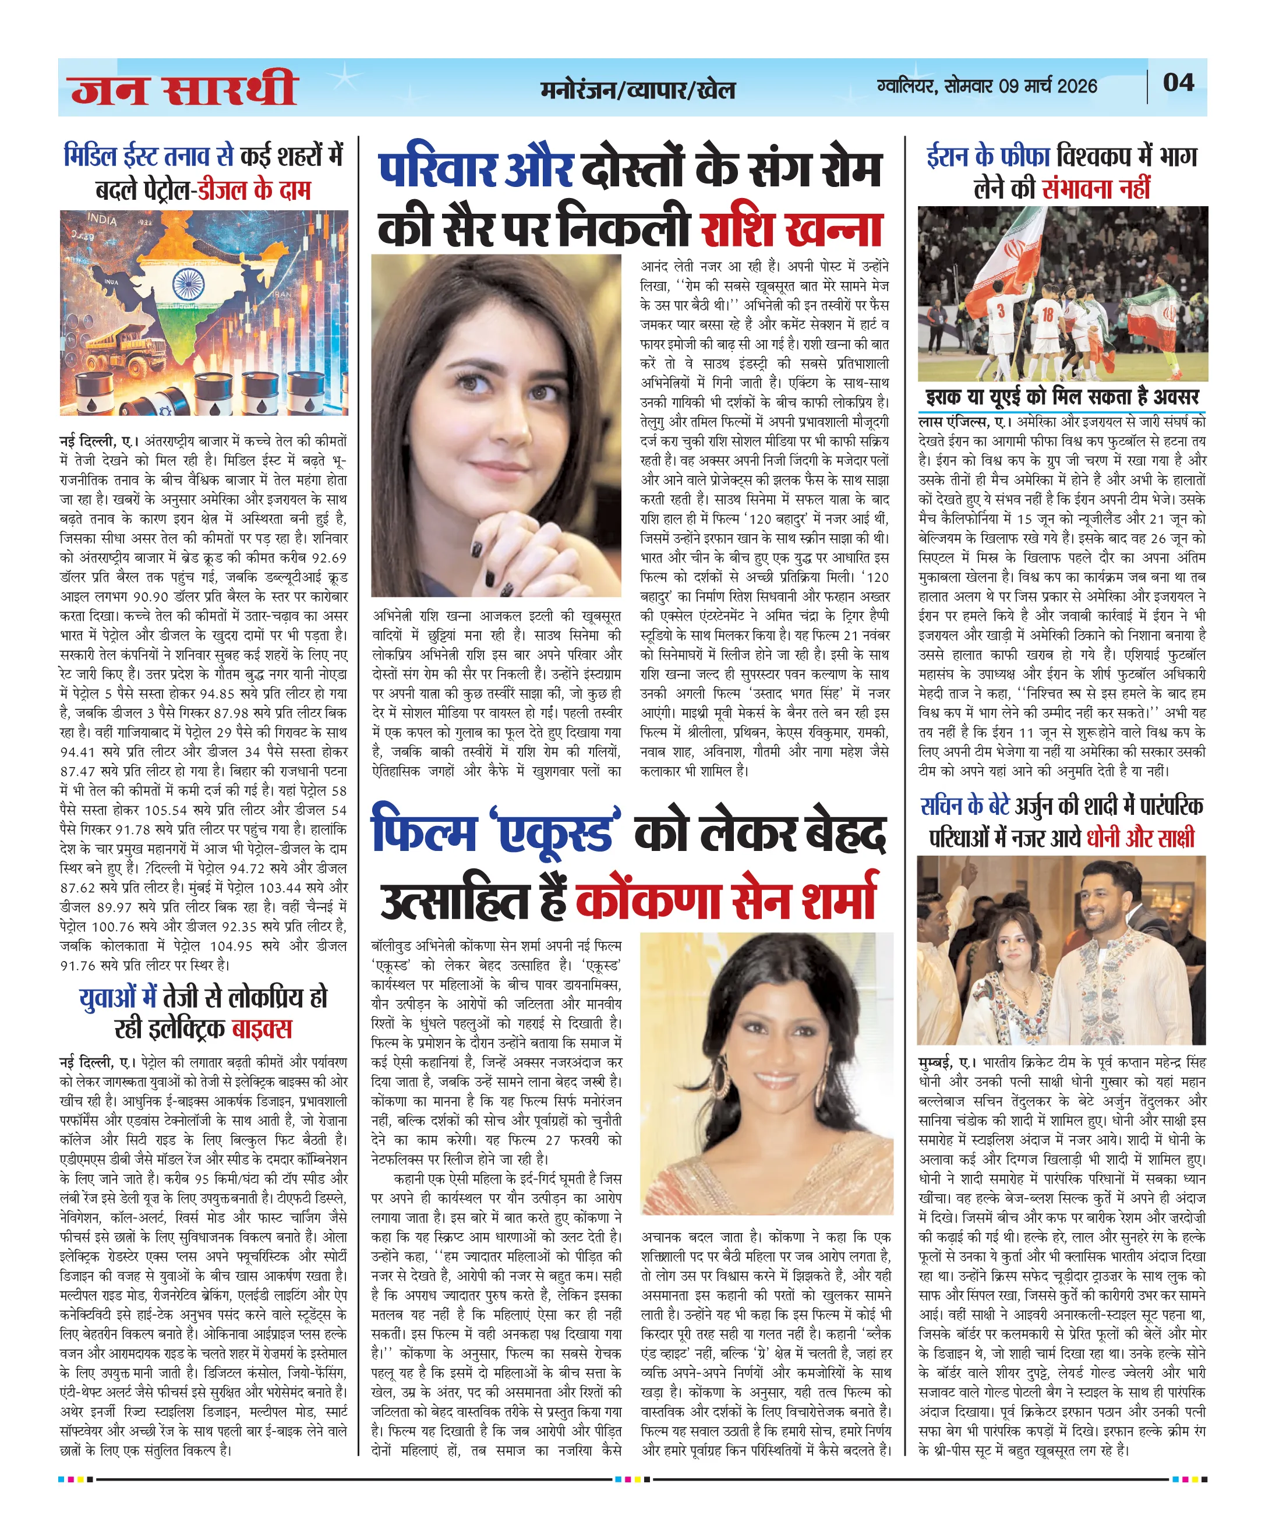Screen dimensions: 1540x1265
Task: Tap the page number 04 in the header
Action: coord(1178,82)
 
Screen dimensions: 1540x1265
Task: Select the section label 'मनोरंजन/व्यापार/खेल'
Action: coord(638,90)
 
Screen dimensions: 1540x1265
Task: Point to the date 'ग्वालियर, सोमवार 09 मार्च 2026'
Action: coord(987,86)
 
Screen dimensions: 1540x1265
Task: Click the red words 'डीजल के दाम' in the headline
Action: coord(255,190)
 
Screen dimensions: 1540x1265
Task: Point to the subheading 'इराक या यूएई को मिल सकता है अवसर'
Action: coord(1062,397)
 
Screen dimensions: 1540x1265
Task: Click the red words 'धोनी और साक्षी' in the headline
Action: coord(1140,838)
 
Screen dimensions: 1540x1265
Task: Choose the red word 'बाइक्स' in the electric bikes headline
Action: coord(262,1029)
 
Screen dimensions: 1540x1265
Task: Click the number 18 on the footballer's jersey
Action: coord(1047,315)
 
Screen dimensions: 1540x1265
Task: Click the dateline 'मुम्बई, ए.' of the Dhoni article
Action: coord(947,1062)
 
